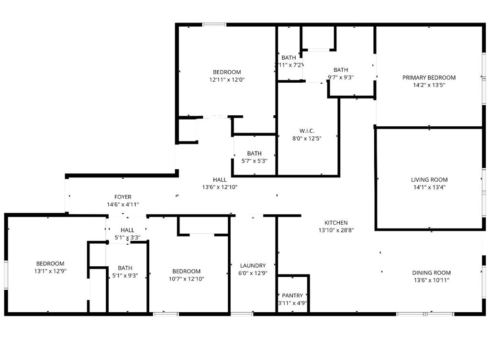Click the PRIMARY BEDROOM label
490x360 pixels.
click(x=429, y=77)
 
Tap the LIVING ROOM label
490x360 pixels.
click(x=429, y=180)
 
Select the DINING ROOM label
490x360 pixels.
click(x=431, y=273)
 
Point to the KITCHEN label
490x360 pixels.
click(x=336, y=223)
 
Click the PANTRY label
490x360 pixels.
click(x=292, y=295)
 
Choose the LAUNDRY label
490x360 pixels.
click(x=253, y=266)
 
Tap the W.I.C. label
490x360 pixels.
click(x=307, y=131)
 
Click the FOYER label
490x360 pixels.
click(x=122, y=197)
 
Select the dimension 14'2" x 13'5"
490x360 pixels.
click(x=429, y=85)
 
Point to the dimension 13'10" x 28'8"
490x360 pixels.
click(x=336, y=230)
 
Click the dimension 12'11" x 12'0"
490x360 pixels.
click(x=227, y=80)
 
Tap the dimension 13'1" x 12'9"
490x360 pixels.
click(x=50, y=271)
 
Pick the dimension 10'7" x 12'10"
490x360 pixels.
click(x=186, y=279)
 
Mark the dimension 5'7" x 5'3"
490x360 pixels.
click(x=254, y=161)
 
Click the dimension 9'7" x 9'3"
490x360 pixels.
click(x=341, y=77)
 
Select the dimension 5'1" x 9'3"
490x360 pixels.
click(x=125, y=275)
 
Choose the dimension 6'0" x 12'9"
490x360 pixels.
click(x=253, y=273)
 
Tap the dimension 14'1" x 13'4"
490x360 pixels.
click(x=429, y=187)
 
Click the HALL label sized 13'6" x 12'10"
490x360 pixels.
click(x=220, y=180)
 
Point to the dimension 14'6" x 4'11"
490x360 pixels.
click(x=122, y=205)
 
